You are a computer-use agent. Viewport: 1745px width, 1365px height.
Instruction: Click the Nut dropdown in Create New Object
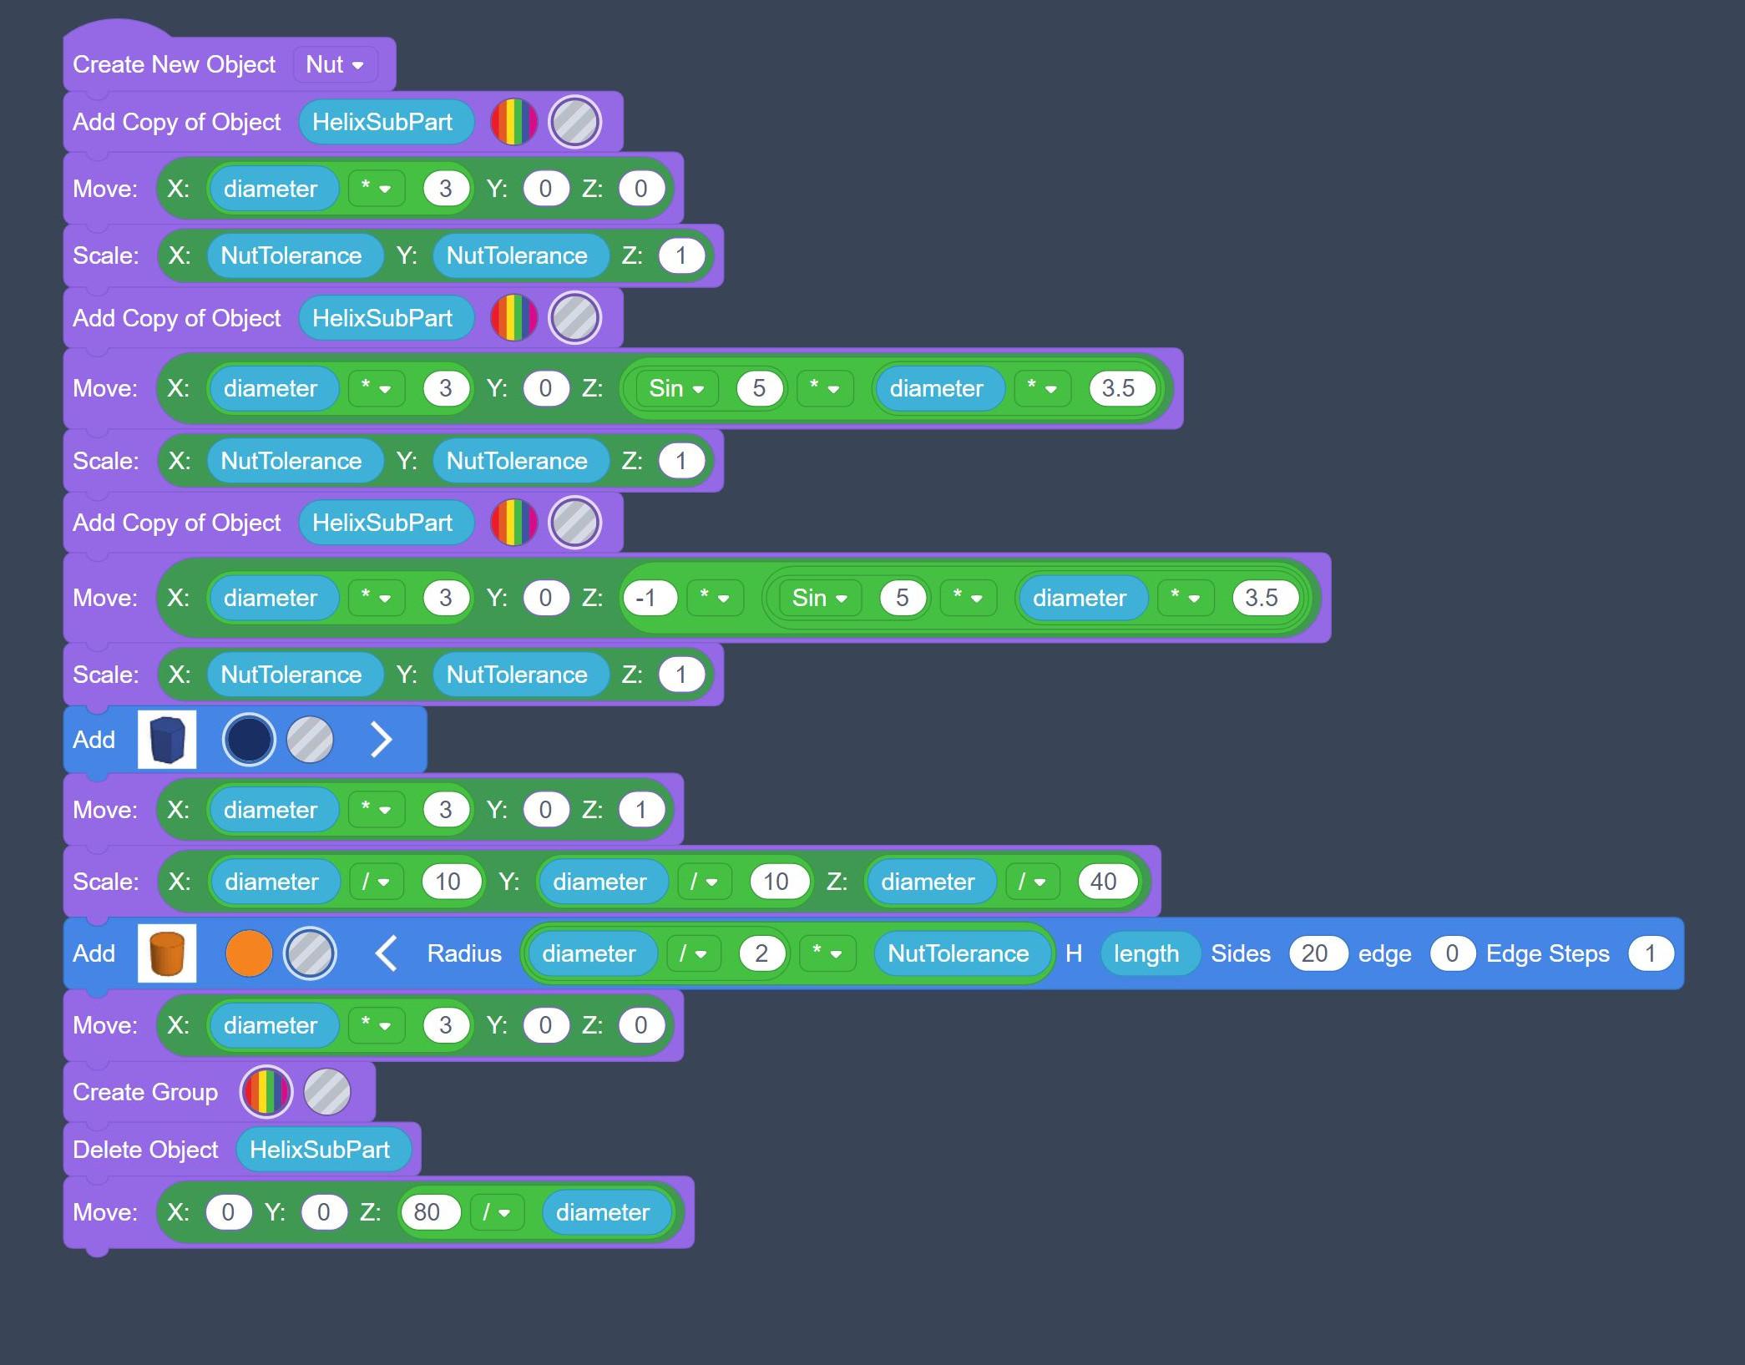point(334,64)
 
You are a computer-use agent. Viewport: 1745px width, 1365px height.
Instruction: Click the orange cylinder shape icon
point(167,953)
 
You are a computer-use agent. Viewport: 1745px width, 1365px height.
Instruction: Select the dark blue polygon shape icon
point(167,740)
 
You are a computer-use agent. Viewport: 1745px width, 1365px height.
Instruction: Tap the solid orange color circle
point(249,953)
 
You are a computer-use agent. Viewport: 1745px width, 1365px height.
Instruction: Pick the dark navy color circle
point(249,740)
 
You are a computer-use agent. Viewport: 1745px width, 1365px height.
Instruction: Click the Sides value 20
point(1314,953)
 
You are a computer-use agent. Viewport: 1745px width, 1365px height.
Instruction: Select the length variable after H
point(1146,953)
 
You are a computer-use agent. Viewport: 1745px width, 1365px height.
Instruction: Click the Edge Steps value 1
point(1650,953)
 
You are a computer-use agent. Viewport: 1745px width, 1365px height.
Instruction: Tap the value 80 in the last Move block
point(427,1212)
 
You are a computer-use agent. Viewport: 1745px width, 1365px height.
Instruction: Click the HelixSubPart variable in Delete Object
point(320,1150)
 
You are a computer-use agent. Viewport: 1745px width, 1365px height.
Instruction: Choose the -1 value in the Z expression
point(645,598)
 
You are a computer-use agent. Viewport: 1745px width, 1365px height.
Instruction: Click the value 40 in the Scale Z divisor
point(1103,882)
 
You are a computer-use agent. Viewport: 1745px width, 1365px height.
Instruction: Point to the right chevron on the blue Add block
point(381,740)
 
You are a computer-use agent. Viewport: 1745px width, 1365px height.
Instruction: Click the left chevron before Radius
point(386,953)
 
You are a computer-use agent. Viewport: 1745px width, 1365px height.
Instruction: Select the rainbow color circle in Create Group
point(266,1092)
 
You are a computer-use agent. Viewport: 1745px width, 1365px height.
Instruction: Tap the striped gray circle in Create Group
point(326,1092)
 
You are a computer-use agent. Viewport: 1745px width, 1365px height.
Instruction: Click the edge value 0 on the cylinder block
point(1451,953)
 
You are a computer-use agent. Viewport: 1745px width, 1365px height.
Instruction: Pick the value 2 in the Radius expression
point(761,953)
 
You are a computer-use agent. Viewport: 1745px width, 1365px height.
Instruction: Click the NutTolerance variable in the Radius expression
point(958,953)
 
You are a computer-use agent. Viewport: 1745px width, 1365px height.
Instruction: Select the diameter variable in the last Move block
point(602,1212)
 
